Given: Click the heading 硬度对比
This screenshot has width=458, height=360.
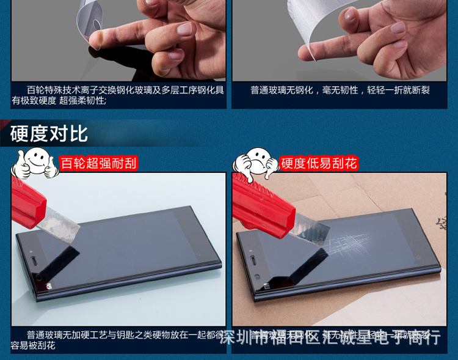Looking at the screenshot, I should click(x=49, y=134).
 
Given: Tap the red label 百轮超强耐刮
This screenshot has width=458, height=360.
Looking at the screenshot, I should click(x=98, y=163).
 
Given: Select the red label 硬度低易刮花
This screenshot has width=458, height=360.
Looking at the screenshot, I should click(x=318, y=163).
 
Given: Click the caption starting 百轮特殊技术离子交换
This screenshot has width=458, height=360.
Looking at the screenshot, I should click(x=118, y=95).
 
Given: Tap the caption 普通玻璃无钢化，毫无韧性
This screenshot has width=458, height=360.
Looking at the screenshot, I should click(x=340, y=90).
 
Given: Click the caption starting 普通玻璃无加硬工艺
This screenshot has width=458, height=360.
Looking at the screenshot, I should click(x=118, y=340).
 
